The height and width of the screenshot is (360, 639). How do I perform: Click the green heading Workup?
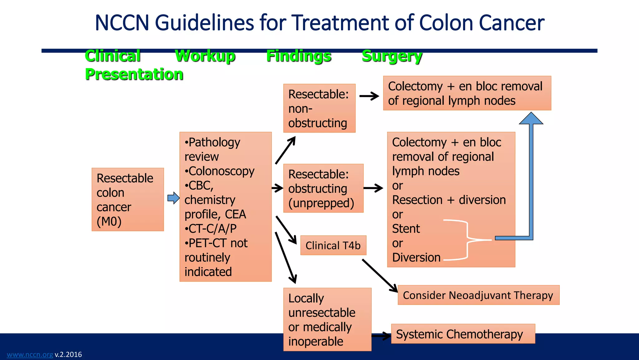pyautogui.click(x=205, y=56)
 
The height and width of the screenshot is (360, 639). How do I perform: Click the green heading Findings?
pyautogui.click(x=299, y=56)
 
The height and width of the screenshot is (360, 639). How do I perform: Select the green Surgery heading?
pyautogui.click(x=392, y=56)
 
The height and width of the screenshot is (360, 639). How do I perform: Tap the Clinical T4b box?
pyautogui.click(x=333, y=245)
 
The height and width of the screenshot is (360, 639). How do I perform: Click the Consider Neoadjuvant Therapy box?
pyautogui.click(x=478, y=295)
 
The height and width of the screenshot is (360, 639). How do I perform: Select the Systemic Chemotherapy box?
pyautogui.click(x=459, y=334)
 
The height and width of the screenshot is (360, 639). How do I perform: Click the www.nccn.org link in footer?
pyautogui.click(x=30, y=354)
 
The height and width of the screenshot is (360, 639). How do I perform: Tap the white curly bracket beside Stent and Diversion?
pyautogui.click(x=467, y=240)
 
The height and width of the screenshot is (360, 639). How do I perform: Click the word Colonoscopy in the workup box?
pyautogui.click(x=222, y=171)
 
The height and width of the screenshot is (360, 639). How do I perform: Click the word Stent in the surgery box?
pyautogui.click(x=406, y=228)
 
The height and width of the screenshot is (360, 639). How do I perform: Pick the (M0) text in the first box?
pyautogui.click(x=109, y=221)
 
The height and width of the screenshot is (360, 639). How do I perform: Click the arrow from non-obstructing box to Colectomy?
pyautogui.click(x=369, y=96)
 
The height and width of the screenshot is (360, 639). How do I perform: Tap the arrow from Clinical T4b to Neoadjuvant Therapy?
pyautogui.click(x=379, y=275)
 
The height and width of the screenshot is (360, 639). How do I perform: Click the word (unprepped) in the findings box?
pyautogui.click(x=321, y=203)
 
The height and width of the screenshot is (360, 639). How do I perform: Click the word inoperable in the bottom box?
pyautogui.click(x=315, y=341)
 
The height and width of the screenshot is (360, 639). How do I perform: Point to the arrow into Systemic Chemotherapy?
pyautogui.click(x=381, y=336)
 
